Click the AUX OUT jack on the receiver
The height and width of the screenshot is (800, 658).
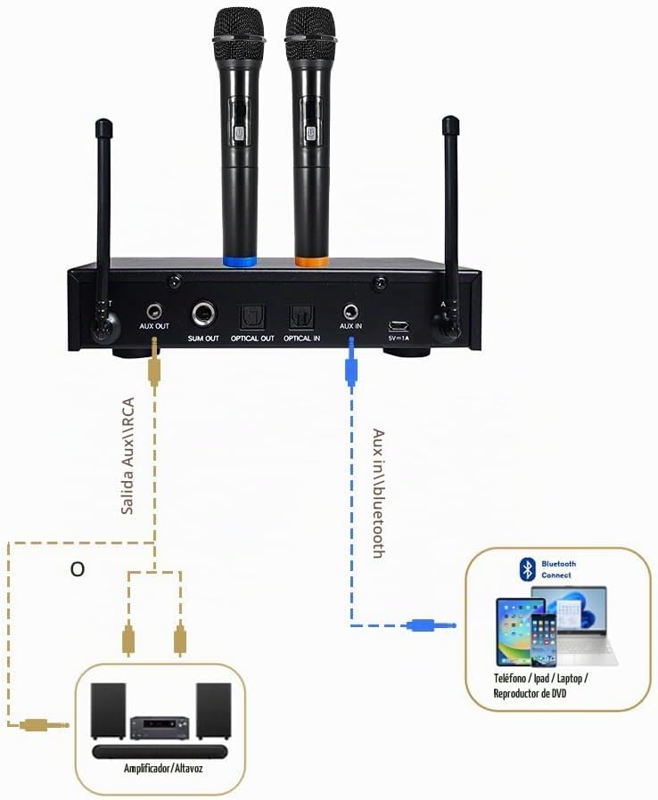pyautogui.click(x=154, y=310)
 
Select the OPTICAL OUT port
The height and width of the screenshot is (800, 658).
pyautogui.click(x=252, y=318)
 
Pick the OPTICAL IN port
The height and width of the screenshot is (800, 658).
pyautogui.click(x=301, y=318)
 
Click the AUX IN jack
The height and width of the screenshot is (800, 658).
pyautogui.click(x=350, y=311)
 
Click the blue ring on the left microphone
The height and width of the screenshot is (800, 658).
pyautogui.click(x=240, y=262)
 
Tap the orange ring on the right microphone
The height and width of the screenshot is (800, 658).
pyautogui.click(x=311, y=262)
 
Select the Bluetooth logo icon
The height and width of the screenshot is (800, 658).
pyautogui.click(x=527, y=569)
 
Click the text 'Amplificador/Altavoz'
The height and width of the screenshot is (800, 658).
pyautogui.click(x=163, y=768)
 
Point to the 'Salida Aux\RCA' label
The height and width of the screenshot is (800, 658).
pyautogui.click(x=127, y=455)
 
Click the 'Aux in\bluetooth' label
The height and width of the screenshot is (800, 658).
pyautogui.click(x=379, y=493)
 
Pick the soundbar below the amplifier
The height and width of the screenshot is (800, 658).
pyautogui.click(x=160, y=751)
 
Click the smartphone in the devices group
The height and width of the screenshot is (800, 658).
pyautogui.click(x=544, y=640)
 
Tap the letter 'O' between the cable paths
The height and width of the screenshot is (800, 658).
pyautogui.click(x=77, y=569)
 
